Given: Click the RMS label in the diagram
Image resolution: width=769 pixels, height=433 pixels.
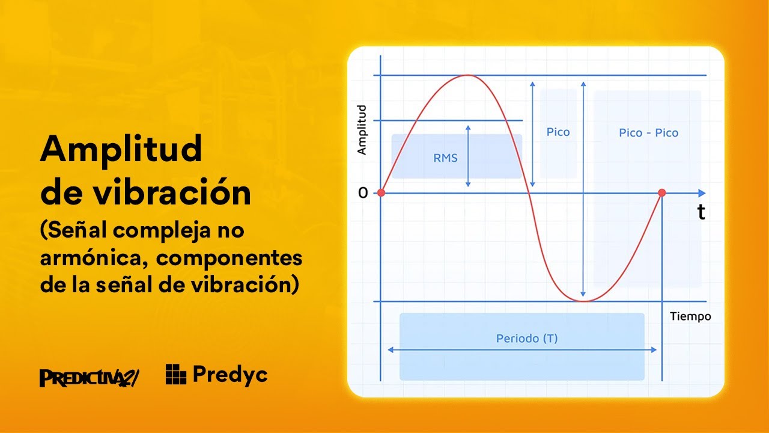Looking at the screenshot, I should (445, 158).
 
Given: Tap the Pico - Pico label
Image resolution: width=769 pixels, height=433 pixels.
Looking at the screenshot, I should (648, 133).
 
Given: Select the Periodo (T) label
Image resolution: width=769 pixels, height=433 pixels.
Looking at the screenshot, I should (527, 339).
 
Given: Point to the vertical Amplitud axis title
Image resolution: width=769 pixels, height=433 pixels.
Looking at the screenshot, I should (362, 130).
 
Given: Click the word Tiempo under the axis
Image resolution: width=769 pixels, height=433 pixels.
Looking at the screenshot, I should (690, 316).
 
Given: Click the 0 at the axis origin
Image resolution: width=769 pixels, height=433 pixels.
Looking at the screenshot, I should (363, 193).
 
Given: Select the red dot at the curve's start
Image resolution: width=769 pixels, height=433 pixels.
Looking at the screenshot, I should (380, 193).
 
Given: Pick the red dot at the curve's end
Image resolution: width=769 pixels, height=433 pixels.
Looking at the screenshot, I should (662, 193).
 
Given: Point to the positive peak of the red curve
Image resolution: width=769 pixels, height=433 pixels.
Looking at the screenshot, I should (468, 75).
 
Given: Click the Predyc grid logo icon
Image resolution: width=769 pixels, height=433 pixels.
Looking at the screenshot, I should (176, 374).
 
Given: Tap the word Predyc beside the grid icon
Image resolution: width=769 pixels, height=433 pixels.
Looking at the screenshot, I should (230, 375).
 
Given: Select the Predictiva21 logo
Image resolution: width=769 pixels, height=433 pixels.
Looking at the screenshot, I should (89, 377).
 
